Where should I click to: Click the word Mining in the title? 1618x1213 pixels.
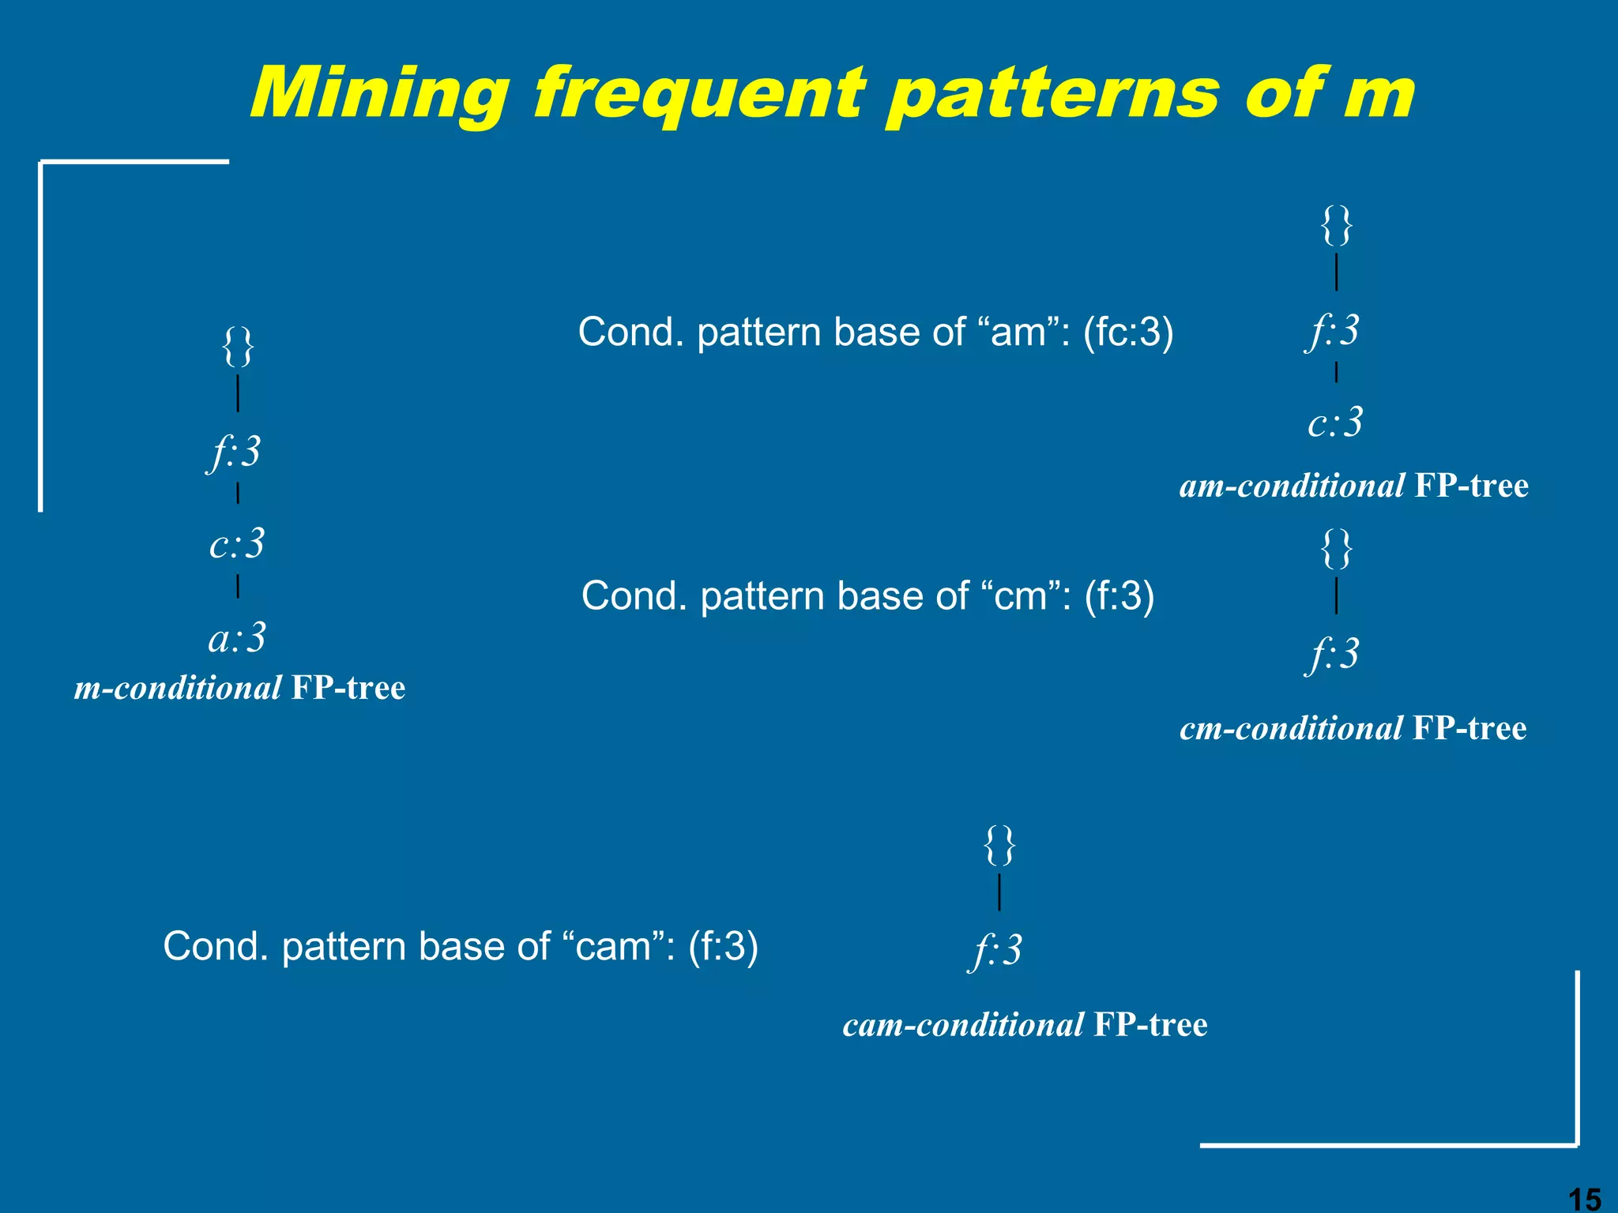click(x=380, y=94)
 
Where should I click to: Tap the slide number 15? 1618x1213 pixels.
click(x=1583, y=1199)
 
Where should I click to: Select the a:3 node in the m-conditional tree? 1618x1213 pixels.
click(x=237, y=637)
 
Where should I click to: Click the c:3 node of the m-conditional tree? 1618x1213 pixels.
click(x=237, y=544)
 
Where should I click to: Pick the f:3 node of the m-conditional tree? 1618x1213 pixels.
click(x=235, y=453)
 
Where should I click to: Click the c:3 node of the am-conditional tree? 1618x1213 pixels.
click(x=1335, y=422)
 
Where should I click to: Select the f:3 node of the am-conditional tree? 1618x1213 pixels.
click(x=1334, y=330)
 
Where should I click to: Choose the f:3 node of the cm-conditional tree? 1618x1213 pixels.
click(x=1334, y=654)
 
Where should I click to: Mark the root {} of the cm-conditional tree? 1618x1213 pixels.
click(x=1337, y=548)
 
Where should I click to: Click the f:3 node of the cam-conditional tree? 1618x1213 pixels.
click(x=997, y=950)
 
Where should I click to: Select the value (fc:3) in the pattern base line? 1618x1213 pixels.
click(x=1128, y=332)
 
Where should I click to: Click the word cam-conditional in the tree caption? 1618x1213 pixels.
click(x=962, y=1025)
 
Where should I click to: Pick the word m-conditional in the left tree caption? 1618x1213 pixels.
click(x=178, y=688)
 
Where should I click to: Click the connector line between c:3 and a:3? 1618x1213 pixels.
click(x=238, y=587)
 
